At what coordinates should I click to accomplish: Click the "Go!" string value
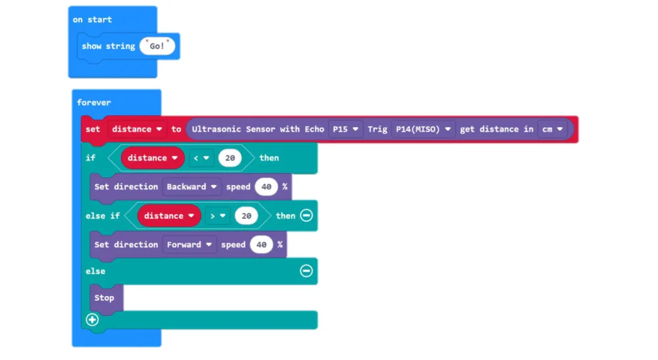(157, 46)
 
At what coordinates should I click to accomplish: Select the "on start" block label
(92, 20)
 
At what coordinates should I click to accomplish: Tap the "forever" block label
(93, 103)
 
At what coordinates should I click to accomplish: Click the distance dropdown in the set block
(137, 129)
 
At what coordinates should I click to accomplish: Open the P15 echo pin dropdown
(345, 129)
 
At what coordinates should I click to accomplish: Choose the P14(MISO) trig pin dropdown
(423, 129)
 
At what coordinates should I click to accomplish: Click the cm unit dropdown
(552, 129)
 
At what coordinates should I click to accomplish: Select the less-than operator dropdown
(201, 158)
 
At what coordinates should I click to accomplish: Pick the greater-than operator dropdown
(218, 216)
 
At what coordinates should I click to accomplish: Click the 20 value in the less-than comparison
(230, 158)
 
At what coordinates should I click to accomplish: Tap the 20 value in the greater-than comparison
(246, 216)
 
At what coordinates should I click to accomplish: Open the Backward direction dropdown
(191, 187)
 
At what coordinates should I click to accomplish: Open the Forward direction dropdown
(189, 245)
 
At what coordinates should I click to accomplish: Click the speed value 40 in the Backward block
(266, 187)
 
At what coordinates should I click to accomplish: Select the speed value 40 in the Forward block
(261, 245)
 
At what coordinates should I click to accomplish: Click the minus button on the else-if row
(307, 216)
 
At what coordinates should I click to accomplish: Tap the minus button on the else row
(307, 271)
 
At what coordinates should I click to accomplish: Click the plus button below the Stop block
(92, 320)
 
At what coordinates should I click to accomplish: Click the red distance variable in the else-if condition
(169, 216)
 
